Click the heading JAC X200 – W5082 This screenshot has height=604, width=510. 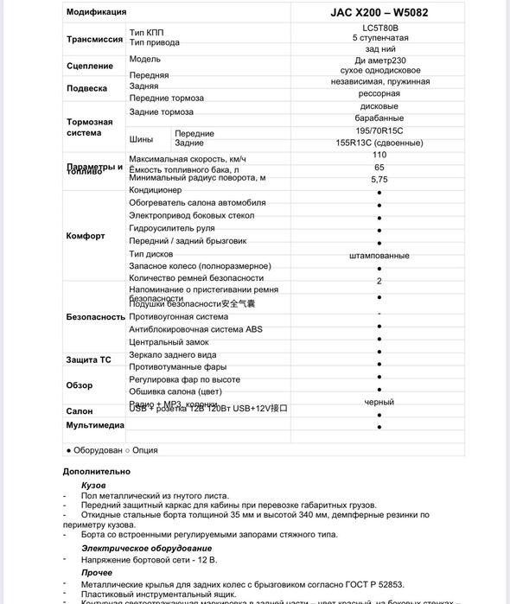pos(379,12)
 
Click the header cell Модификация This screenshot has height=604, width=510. pos(96,12)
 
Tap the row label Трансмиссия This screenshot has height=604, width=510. pos(94,39)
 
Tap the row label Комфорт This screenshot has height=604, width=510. pos(86,236)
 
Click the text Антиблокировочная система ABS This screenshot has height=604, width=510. pos(195,329)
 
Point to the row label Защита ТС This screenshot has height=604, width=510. pos(88,359)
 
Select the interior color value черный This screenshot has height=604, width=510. pos(379,402)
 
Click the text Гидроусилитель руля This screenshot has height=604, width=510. pos(172,227)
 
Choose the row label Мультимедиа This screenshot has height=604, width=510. pos(95,426)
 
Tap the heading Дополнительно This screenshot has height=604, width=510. pos(97,471)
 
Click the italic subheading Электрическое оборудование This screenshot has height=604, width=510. pos(146,548)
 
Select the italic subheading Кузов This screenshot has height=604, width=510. pos(93,486)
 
